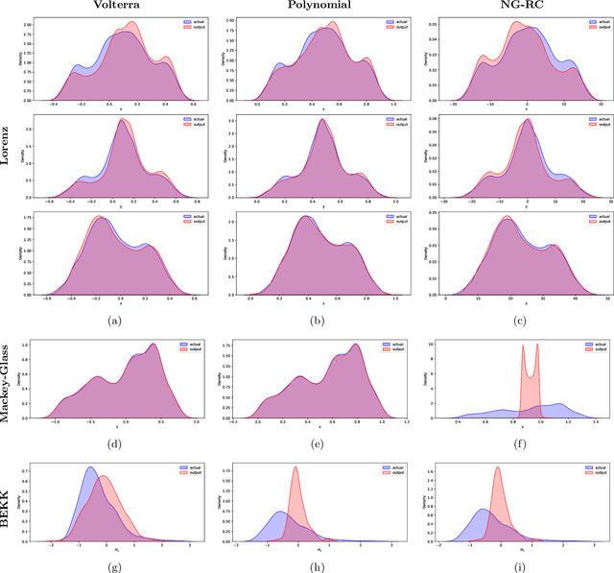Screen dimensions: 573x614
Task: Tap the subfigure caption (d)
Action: tap(114, 444)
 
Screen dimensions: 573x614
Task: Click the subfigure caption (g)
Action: tap(114, 565)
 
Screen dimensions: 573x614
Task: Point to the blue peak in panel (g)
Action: tap(90, 468)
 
